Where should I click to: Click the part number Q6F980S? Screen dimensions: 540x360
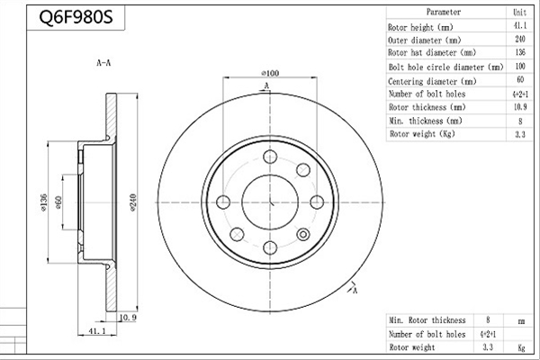click(x=76, y=16)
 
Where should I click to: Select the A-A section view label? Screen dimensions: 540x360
click(x=103, y=63)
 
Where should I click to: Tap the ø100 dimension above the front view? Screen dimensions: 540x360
click(x=270, y=73)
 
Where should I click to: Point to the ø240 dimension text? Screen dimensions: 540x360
click(x=133, y=202)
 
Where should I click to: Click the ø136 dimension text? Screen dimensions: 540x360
click(x=43, y=202)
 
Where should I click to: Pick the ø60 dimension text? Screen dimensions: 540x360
click(x=58, y=202)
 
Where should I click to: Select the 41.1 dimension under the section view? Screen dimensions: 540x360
click(x=97, y=331)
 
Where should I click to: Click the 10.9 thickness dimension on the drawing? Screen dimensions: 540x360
click(x=128, y=318)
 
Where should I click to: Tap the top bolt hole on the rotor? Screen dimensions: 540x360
click(x=270, y=157)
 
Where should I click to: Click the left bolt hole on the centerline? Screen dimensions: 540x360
click(x=223, y=202)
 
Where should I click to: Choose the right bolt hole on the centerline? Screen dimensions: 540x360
click(x=317, y=202)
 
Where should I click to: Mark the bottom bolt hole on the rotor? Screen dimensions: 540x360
click(x=270, y=247)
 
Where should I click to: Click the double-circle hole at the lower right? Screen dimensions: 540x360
click(x=303, y=235)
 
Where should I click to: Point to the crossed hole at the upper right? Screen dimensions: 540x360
click(x=303, y=170)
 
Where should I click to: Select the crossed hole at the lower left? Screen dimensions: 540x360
click(x=237, y=235)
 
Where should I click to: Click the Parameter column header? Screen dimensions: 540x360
click(x=443, y=12)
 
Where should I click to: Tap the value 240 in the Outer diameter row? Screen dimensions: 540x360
click(x=520, y=39)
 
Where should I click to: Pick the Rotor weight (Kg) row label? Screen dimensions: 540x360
click(x=422, y=134)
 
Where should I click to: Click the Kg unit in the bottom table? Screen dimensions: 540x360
click(x=521, y=347)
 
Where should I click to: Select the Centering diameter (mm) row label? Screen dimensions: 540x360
click(x=432, y=81)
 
